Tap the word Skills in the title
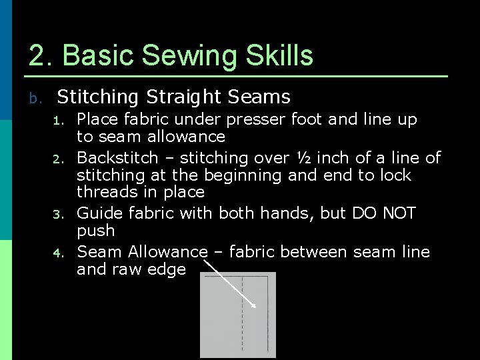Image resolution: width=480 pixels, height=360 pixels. (x=282, y=56)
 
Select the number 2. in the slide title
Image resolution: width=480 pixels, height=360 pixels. (x=41, y=56)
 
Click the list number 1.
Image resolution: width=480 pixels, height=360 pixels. (x=59, y=121)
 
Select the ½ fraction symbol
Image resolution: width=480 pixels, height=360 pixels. (x=303, y=158)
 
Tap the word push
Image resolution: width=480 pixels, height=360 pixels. (x=96, y=231)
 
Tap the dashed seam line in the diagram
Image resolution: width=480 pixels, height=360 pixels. (x=243, y=313)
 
